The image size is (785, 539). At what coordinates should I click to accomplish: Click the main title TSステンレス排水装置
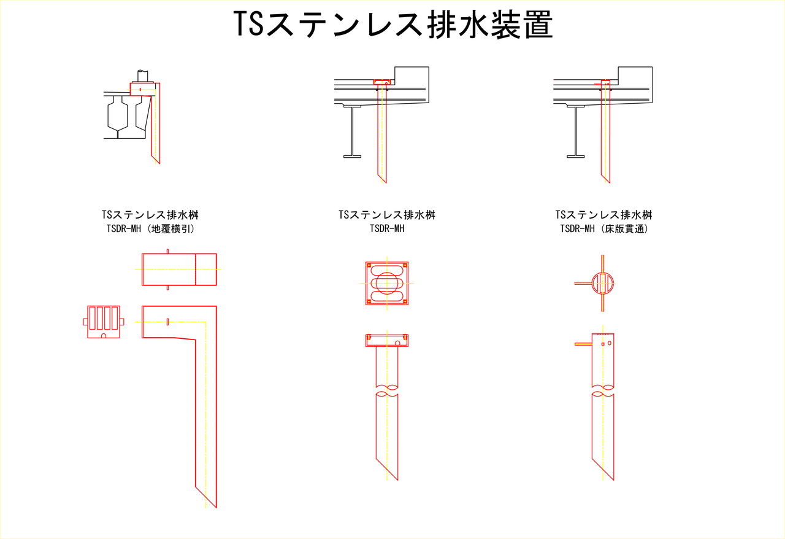click(393, 24)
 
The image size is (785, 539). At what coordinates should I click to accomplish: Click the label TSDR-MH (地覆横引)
click(150, 229)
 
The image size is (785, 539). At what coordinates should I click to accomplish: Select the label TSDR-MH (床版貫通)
click(604, 229)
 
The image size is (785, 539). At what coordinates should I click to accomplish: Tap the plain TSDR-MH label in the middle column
click(387, 229)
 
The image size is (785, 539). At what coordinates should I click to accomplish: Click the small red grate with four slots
click(104, 322)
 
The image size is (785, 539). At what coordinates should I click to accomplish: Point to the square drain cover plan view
click(387, 283)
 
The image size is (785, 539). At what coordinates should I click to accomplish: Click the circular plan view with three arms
click(603, 283)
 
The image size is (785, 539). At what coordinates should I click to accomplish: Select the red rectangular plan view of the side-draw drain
click(179, 269)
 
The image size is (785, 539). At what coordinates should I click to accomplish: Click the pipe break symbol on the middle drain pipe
click(387, 390)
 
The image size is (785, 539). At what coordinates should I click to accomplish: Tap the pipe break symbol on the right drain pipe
click(603, 390)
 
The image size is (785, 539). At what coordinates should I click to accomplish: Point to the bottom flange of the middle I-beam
click(352, 157)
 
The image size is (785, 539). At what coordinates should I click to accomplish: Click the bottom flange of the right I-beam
click(575, 157)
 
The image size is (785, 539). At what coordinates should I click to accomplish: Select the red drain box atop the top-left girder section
click(142, 90)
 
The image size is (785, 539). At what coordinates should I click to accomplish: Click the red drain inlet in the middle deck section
click(381, 82)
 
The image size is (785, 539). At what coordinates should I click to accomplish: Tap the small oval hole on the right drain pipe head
click(610, 343)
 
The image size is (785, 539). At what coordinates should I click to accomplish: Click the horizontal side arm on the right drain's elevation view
click(583, 344)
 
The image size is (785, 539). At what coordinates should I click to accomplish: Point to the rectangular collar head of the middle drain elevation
click(387, 340)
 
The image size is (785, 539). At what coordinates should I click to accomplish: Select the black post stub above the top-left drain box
click(142, 76)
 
